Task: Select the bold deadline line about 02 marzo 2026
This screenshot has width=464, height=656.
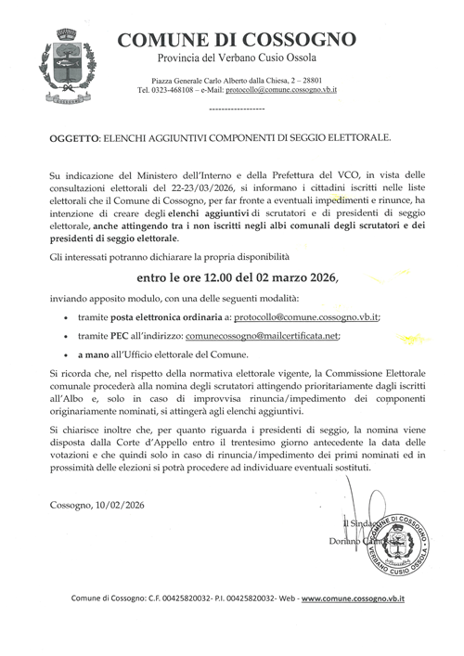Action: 238,277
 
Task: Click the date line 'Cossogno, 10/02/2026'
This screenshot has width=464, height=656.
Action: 97,504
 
